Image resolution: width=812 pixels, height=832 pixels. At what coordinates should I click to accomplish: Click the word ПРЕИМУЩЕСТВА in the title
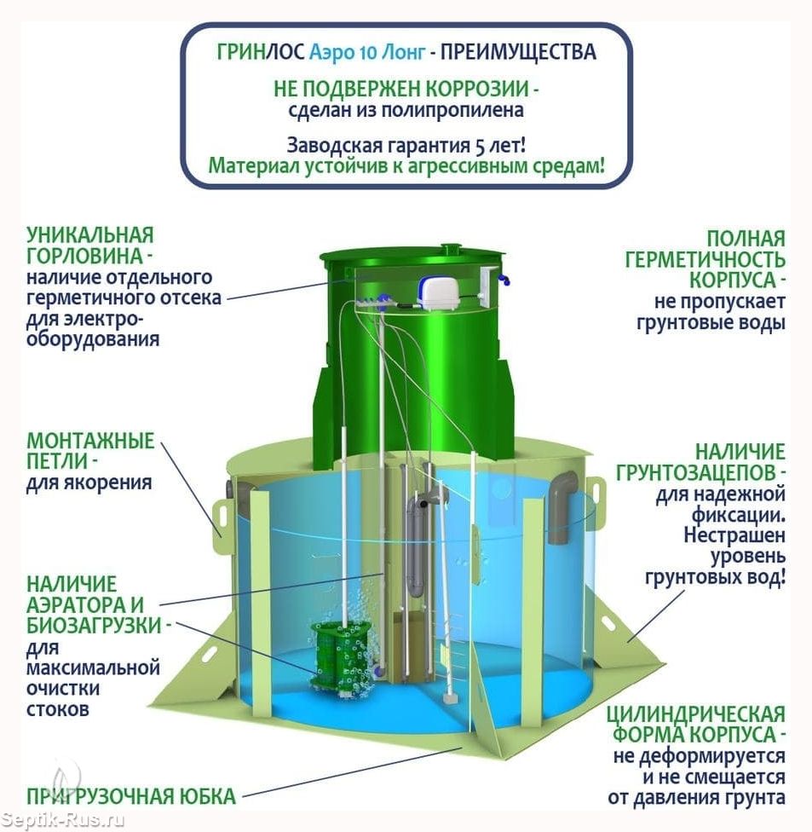tap(518, 52)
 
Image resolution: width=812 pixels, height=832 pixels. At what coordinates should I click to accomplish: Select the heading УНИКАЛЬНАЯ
tap(90, 235)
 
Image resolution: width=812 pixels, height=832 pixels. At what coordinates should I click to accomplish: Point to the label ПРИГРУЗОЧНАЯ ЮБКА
tap(131, 796)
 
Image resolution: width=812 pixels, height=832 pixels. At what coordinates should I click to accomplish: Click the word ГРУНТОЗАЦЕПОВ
tap(700, 472)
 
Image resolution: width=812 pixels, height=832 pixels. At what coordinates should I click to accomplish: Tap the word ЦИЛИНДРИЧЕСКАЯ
tap(696, 714)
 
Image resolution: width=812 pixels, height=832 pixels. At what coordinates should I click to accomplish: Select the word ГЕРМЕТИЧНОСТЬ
tap(705, 259)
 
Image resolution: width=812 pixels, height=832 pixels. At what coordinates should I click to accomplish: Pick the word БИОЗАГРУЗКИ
tap(94, 625)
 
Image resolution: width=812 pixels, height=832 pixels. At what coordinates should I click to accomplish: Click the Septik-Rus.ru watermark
tap(62, 820)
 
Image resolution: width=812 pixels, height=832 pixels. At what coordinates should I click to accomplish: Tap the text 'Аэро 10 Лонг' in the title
tap(367, 52)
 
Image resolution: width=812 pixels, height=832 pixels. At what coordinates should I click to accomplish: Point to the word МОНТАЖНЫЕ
tap(90, 441)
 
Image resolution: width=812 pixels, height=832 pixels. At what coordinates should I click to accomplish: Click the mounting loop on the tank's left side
tap(221, 518)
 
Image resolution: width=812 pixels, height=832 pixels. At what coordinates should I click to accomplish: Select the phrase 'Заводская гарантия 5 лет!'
tap(406, 145)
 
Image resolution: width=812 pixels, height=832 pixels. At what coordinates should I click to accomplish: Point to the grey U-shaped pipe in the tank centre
tap(419, 541)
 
